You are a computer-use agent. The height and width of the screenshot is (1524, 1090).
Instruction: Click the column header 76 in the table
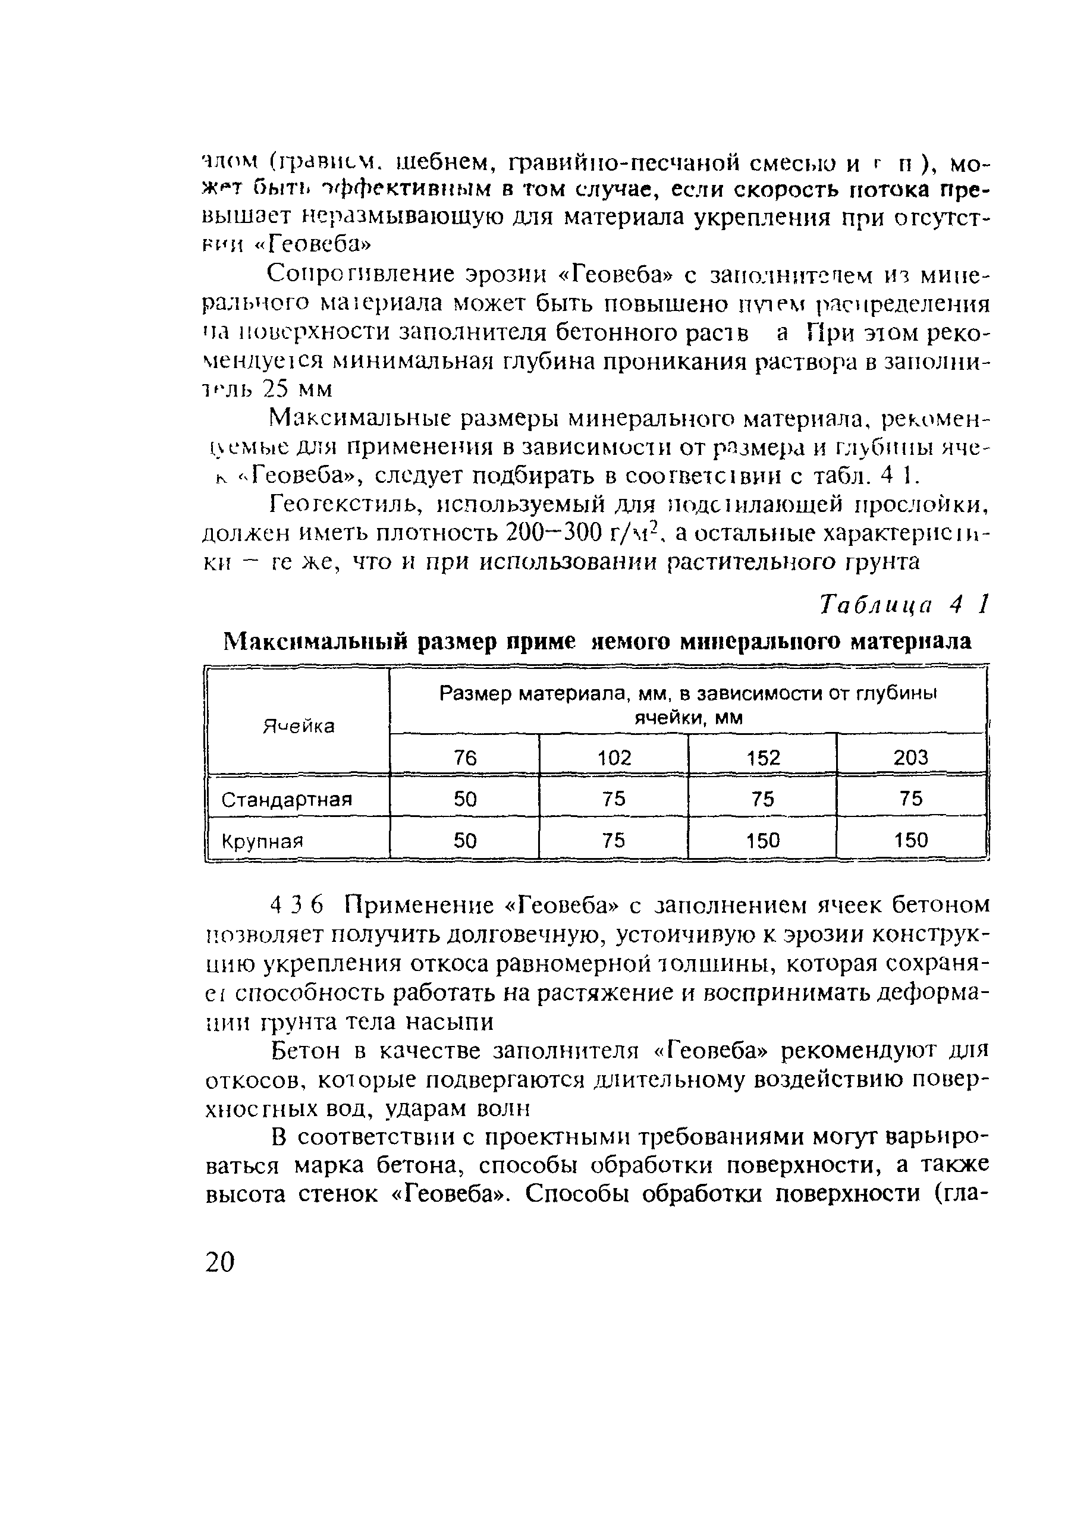coord(464,758)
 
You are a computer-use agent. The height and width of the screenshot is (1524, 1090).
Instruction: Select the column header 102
coord(614,758)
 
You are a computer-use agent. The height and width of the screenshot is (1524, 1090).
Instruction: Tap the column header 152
coord(763,758)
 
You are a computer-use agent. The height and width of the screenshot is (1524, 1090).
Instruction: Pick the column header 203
coord(911,758)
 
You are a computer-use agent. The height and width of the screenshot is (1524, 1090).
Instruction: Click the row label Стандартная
coord(287,799)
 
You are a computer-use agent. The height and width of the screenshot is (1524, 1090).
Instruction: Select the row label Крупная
coord(262,841)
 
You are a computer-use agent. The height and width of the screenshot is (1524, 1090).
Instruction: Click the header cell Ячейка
coord(298,726)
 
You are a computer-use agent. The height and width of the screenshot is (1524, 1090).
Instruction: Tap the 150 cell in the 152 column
coord(763,840)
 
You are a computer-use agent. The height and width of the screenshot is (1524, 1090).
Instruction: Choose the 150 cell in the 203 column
coord(911,840)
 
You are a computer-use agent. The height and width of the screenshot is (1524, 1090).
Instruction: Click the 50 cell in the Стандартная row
coord(464,799)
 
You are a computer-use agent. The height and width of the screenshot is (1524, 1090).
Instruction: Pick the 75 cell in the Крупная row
coord(614,840)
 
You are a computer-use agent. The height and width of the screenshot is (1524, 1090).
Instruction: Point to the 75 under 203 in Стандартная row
coord(911,799)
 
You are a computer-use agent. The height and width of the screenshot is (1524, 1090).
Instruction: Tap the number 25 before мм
coord(277,389)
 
